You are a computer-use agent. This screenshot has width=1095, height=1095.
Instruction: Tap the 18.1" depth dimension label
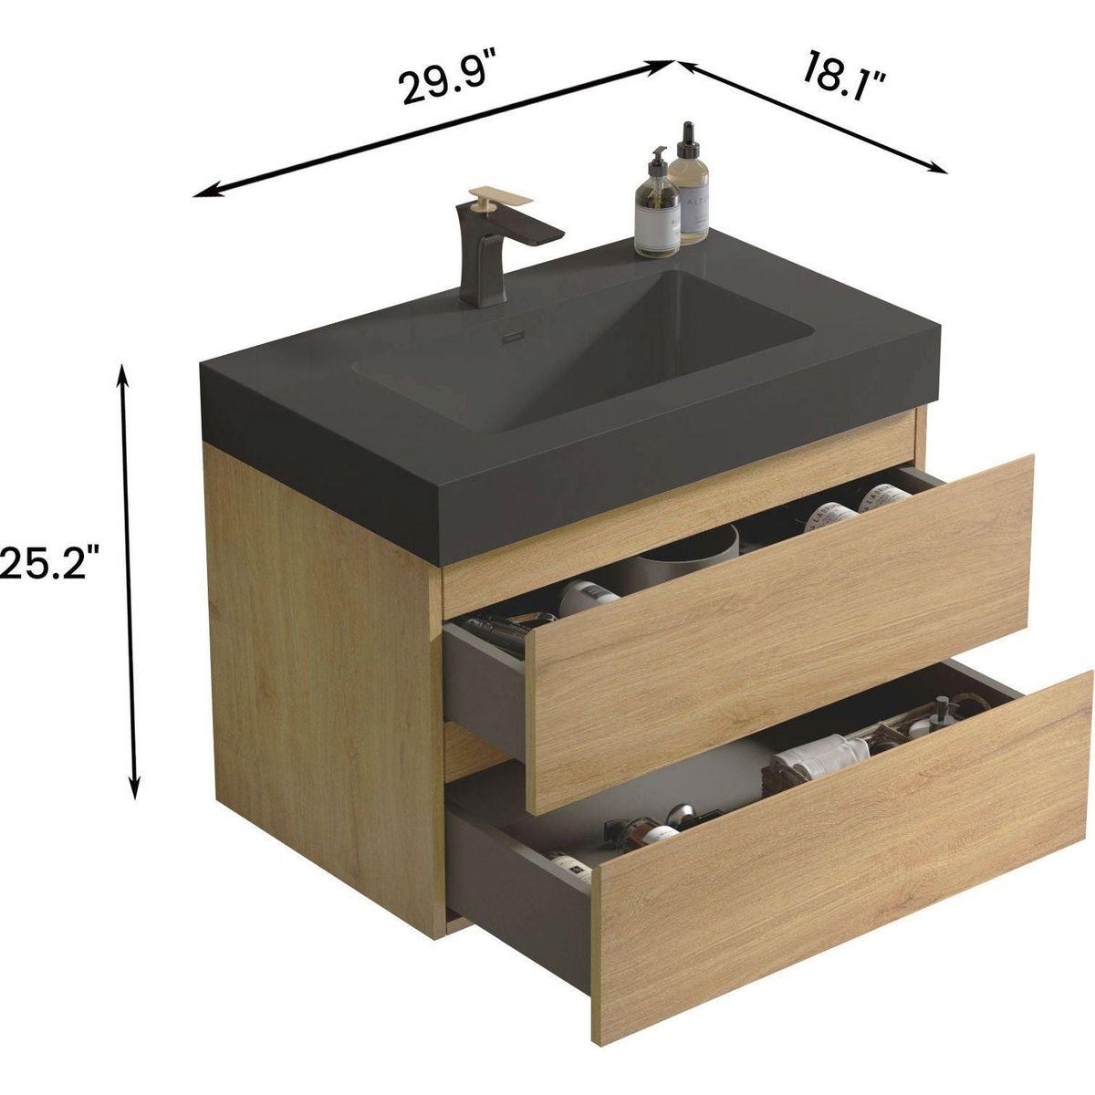coord(845,74)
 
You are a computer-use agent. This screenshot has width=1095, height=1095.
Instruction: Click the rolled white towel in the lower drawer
coord(821,754)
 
